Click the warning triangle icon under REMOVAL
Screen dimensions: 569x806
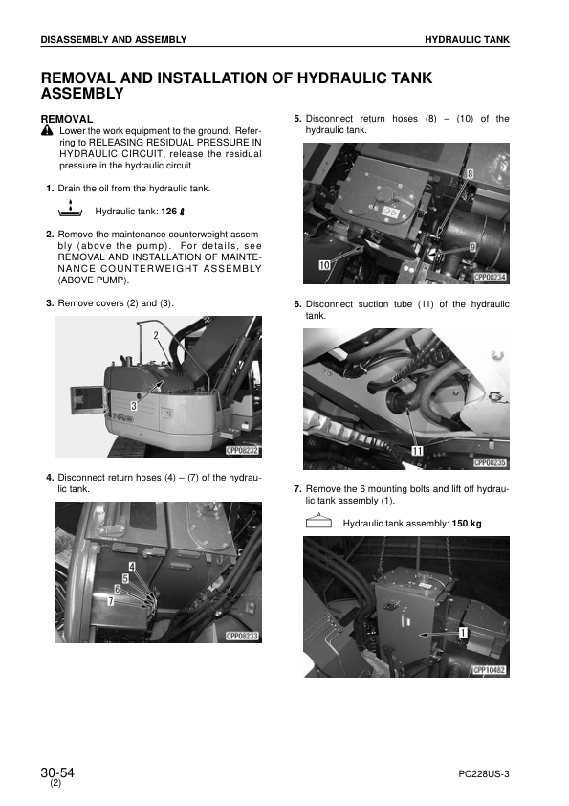click(47, 130)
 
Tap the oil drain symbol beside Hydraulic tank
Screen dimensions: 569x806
click(71, 210)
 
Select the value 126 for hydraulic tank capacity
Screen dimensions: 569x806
click(169, 212)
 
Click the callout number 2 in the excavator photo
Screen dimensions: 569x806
click(156, 336)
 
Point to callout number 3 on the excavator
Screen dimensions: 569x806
click(134, 406)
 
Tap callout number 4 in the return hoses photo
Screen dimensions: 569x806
click(132, 567)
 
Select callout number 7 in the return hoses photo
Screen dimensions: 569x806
click(110, 600)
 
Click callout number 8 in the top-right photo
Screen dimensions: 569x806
click(470, 174)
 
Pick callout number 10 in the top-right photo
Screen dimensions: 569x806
click(325, 265)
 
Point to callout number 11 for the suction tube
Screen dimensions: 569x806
click(418, 451)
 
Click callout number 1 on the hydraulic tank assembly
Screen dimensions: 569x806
click(463, 632)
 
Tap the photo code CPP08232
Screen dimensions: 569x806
click(243, 451)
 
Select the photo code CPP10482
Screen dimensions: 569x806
click(490, 670)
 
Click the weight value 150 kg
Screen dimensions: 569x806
click(467, 524)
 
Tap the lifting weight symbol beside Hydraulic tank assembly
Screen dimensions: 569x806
click(318, 522)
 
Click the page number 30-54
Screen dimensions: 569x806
click(57, 773)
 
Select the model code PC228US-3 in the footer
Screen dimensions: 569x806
click(484, 774)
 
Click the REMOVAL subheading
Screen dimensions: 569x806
click(67, 120)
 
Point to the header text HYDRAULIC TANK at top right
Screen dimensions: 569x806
click(468, 39)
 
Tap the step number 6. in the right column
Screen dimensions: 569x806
click(297, 304)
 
